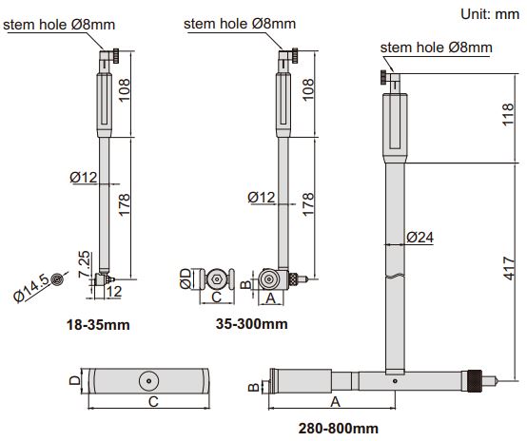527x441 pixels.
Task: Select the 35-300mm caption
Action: tap(252, 325)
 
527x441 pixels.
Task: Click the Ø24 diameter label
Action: tap(420, 236)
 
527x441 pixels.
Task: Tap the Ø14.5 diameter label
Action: tap(28, 288)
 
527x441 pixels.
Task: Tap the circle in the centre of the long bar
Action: tap(150, 380)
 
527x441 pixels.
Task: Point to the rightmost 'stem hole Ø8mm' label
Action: tap(436, 48)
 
